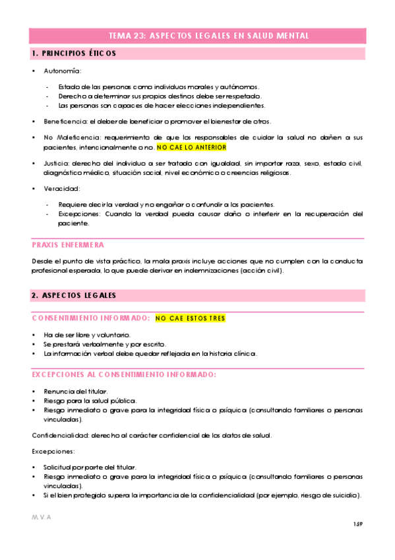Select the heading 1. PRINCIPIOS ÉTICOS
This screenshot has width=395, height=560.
tap(74, 53)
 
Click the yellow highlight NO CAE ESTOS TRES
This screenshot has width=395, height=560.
tap(190, 318)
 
